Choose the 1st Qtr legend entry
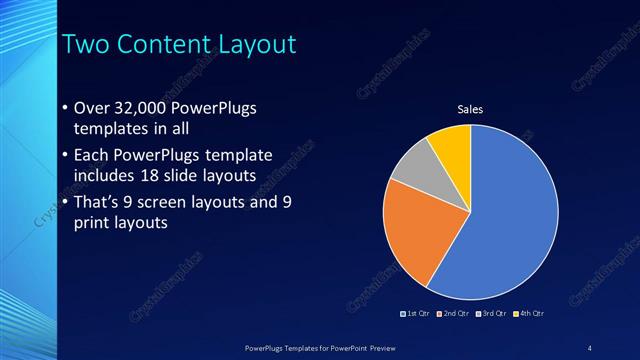coord(417,314)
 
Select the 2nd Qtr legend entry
coord(455,314)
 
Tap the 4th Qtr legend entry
coord(529,314)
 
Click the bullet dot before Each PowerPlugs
coord(64,155)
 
